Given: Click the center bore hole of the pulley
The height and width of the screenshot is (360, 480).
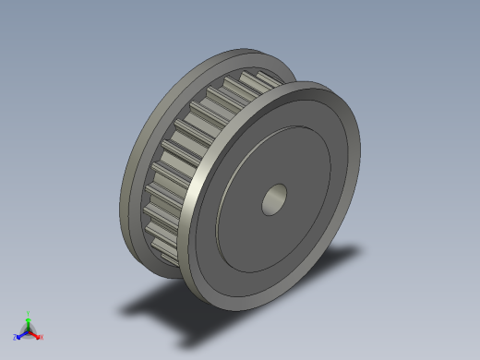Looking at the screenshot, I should pos(274,198).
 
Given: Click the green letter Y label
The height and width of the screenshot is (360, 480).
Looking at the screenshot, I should pos(29,313).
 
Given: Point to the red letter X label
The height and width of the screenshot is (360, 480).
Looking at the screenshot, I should pos(41,337).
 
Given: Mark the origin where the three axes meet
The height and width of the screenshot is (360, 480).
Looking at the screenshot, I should pos(29,330).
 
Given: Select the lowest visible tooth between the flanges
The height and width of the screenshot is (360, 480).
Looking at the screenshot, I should pos(166,246).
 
